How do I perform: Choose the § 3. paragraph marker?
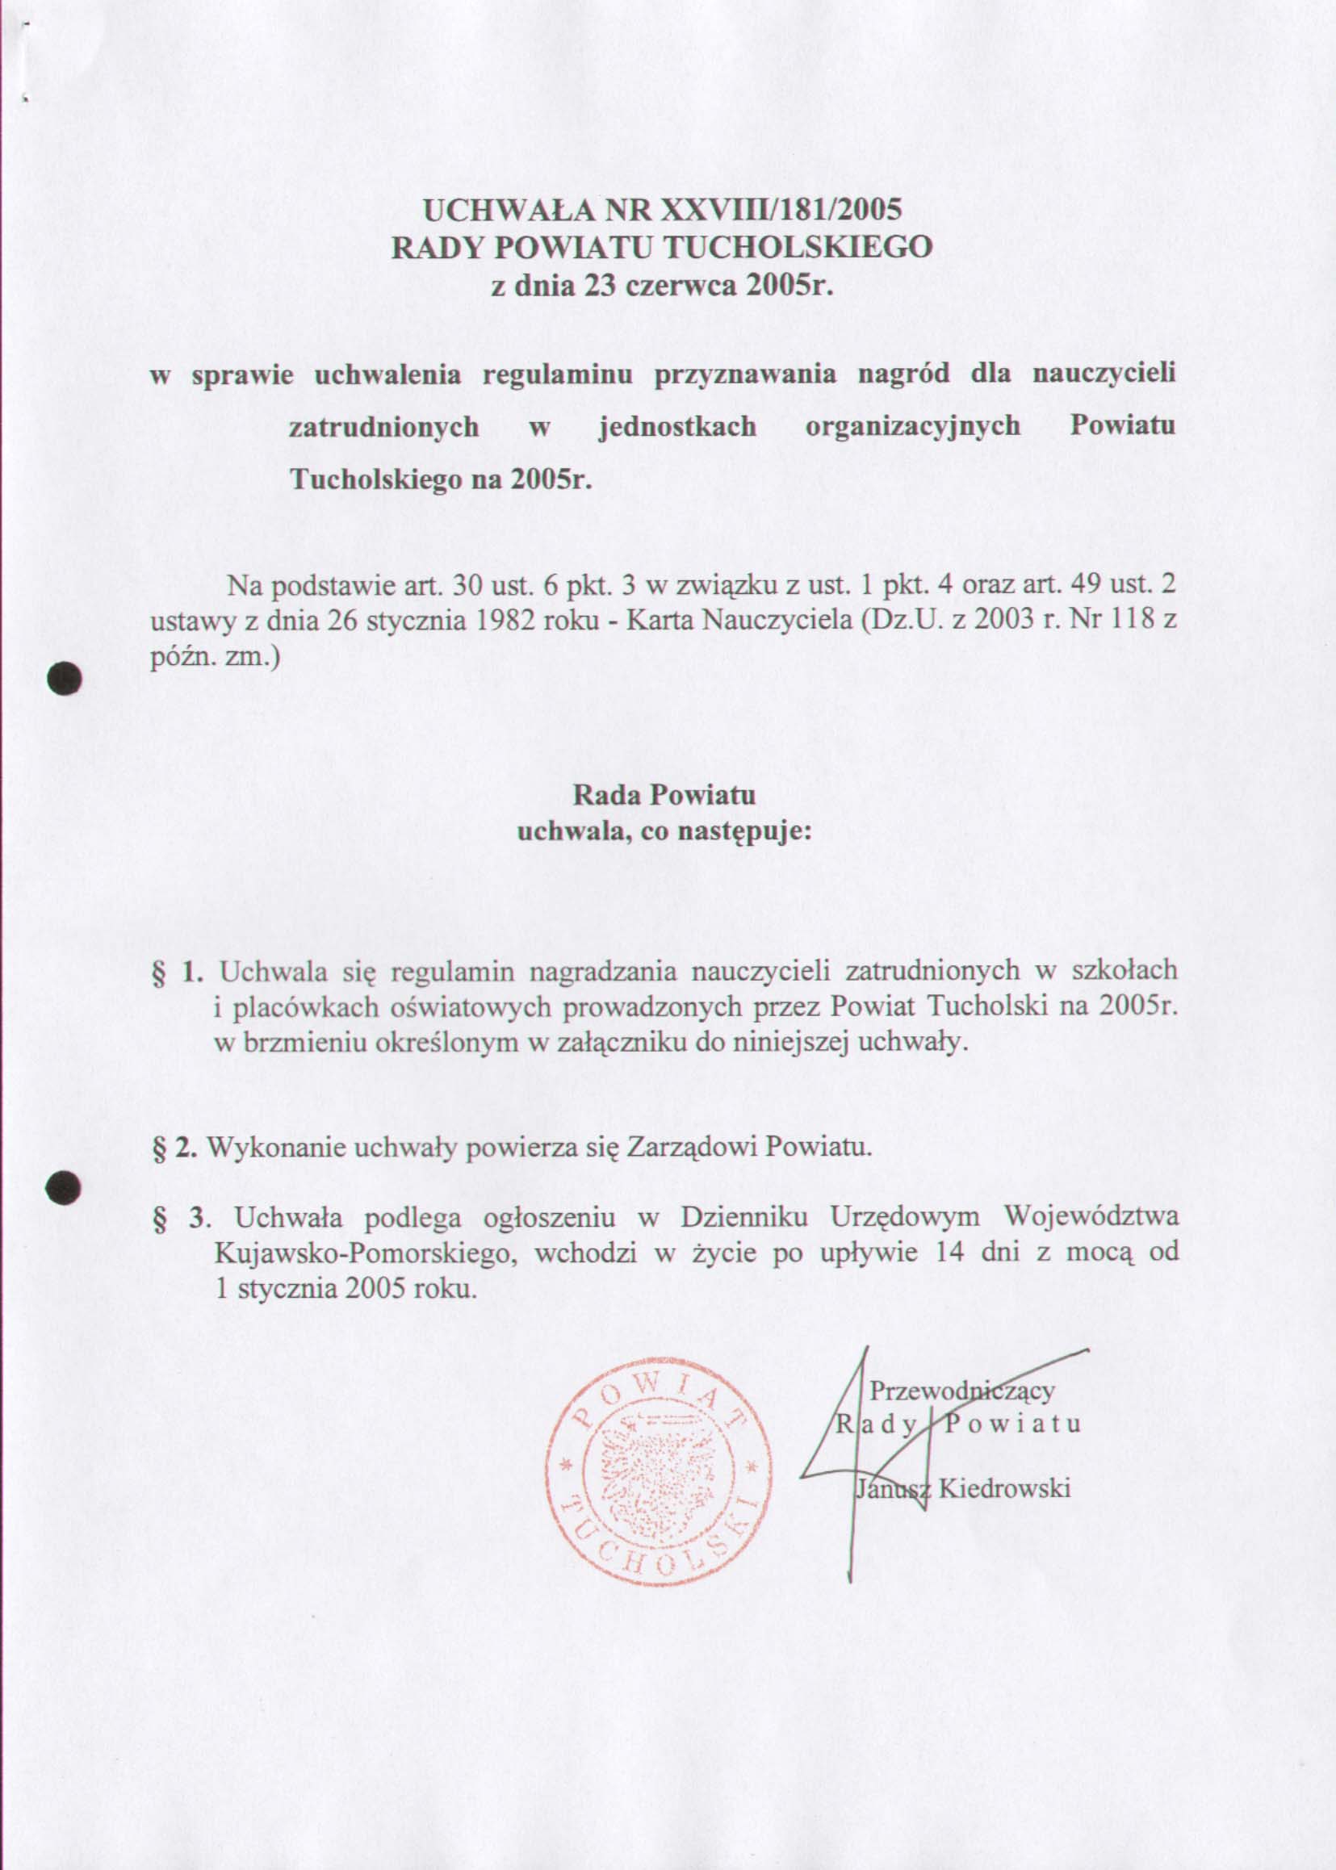click(x=178, y=1216)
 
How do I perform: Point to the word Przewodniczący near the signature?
click(x=961, y=1391)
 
